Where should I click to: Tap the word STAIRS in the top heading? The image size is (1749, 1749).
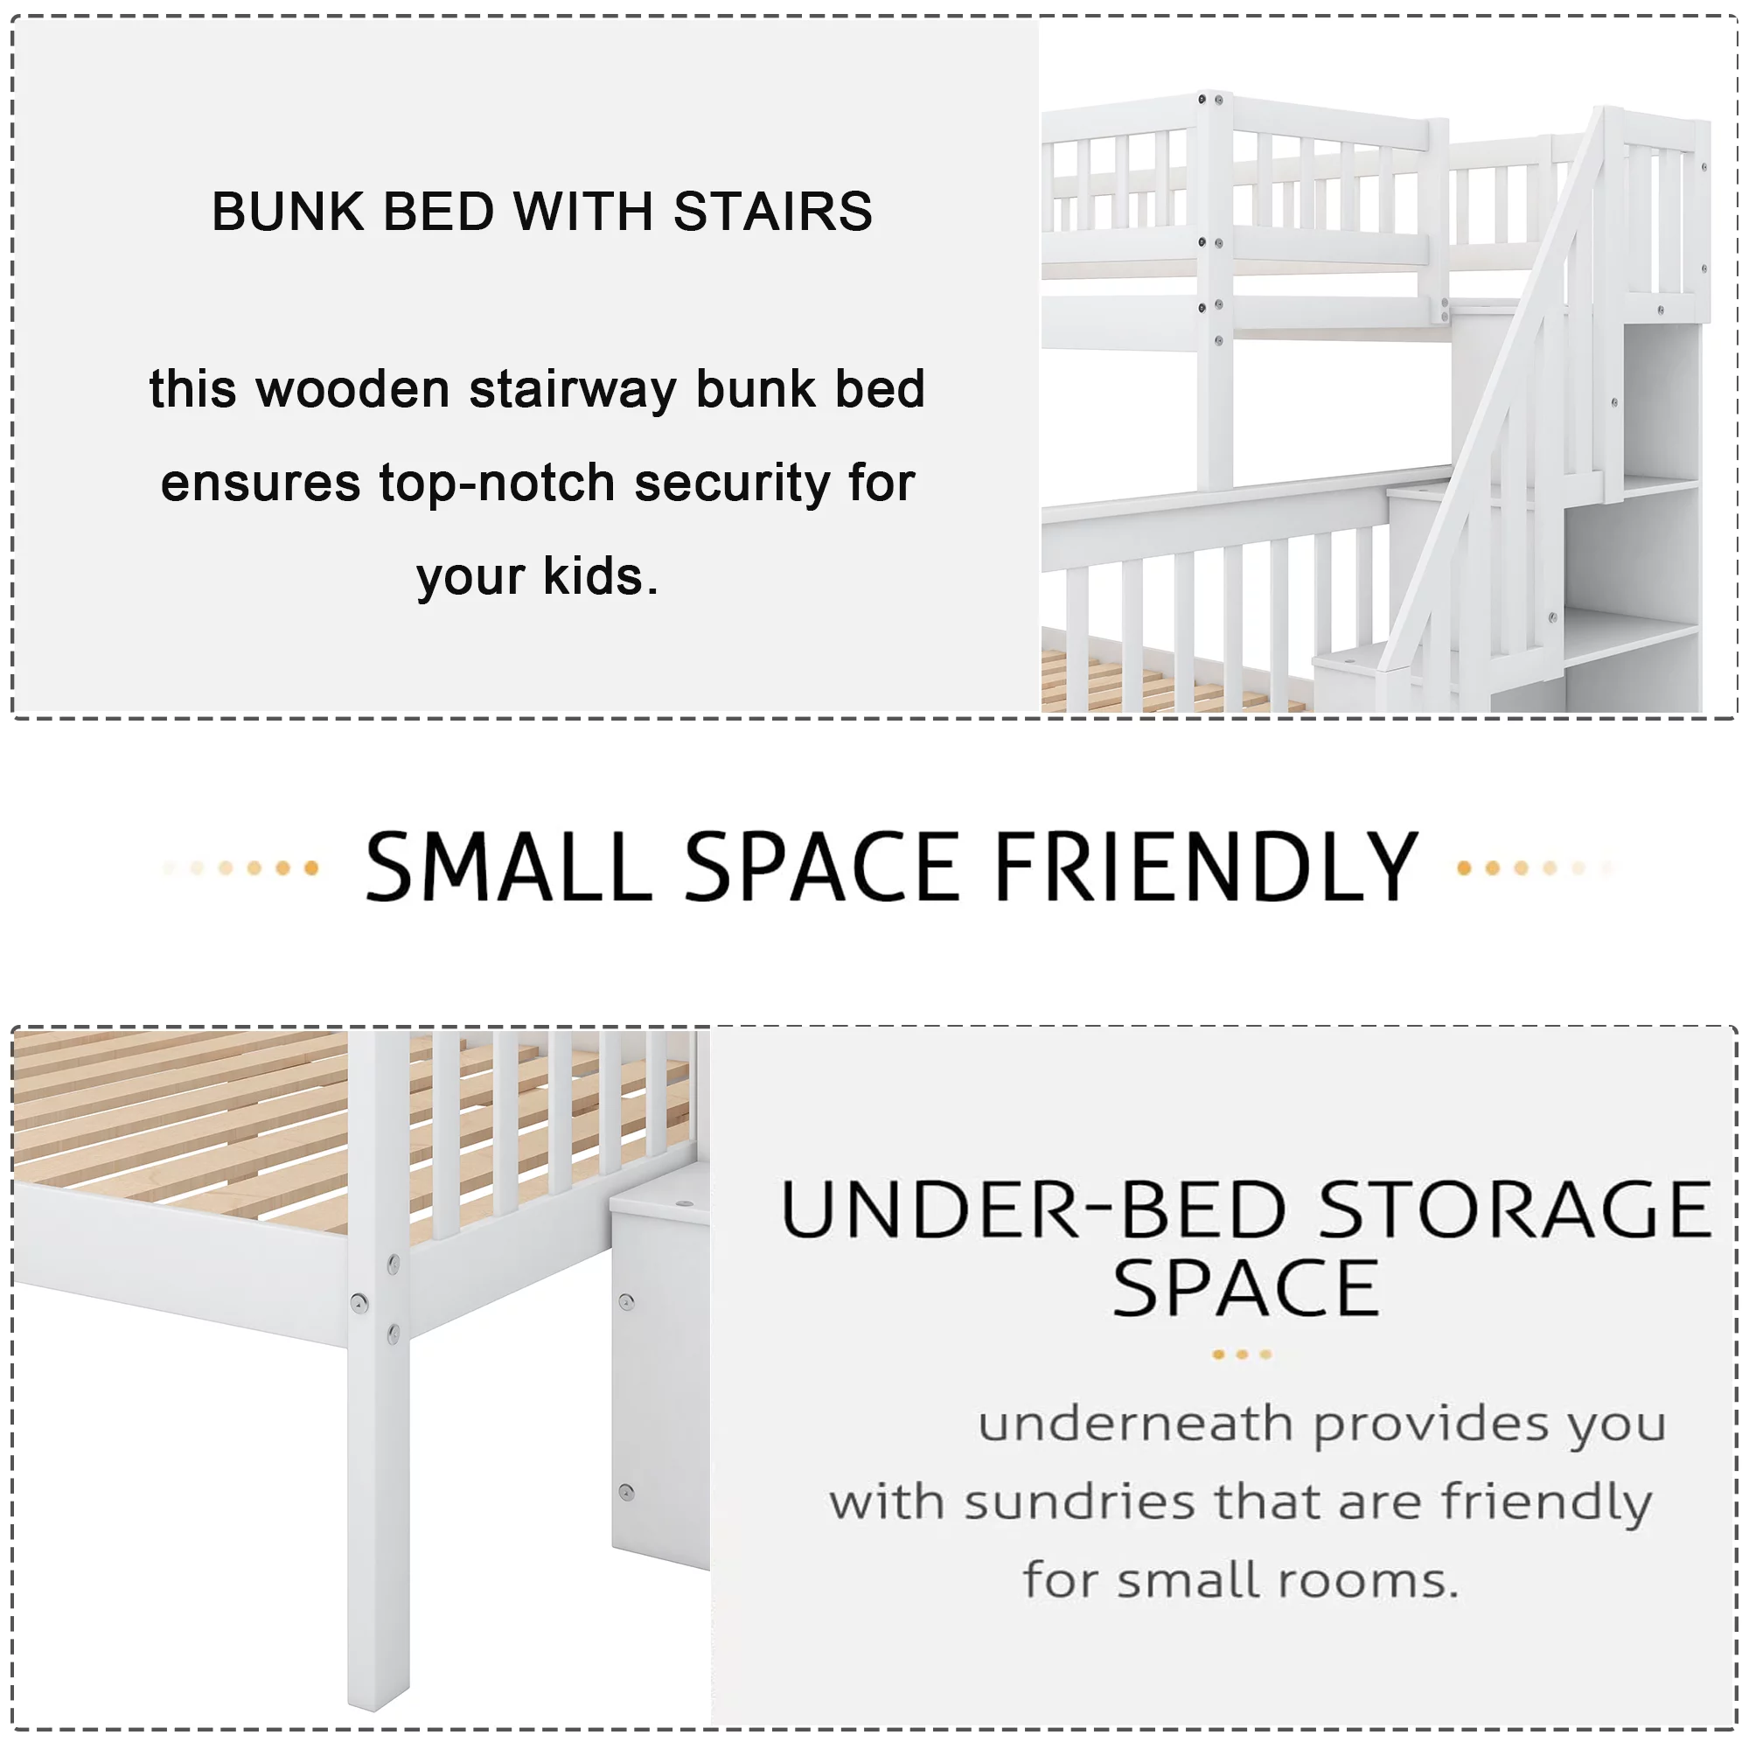[773, 212]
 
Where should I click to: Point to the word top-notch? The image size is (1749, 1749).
[497, 483]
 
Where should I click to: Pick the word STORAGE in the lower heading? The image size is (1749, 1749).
[1516, 1209]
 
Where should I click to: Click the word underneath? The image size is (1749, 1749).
[1135, 1424]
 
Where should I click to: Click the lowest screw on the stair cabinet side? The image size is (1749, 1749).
[626, 1491]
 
